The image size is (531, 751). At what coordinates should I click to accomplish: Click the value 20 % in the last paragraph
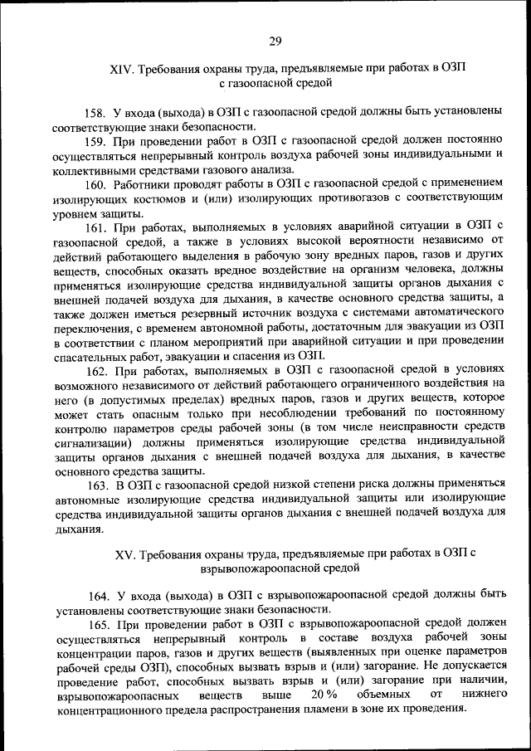(324, 694)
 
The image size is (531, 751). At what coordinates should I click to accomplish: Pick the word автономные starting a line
(84, 500)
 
